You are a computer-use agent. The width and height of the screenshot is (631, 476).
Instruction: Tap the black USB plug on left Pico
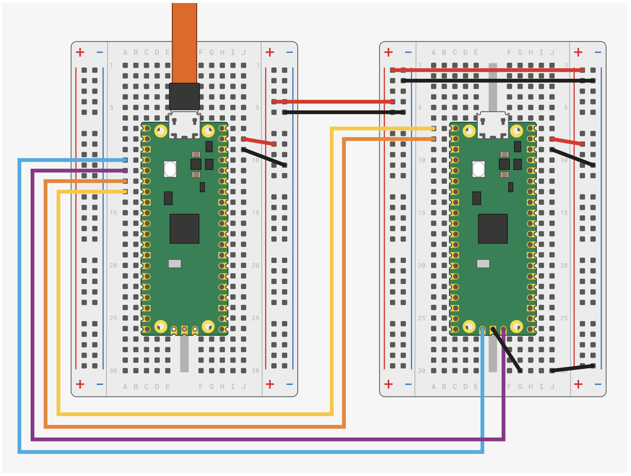[184, 96]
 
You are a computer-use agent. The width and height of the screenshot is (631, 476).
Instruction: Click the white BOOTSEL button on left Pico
[170, 169]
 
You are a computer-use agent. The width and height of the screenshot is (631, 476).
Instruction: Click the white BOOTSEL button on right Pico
[478, 169]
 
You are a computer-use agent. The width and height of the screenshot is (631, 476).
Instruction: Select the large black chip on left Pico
[184, 229]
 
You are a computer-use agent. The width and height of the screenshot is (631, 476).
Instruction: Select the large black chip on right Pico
[493, 229]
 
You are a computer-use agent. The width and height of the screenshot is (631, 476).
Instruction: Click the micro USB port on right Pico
[493, 125]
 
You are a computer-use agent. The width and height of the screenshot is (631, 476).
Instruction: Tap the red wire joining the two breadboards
[333, 102]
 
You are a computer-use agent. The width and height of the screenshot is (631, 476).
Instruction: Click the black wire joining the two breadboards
[344, 112]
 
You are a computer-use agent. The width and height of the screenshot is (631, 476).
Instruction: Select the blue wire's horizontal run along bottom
[250, 452]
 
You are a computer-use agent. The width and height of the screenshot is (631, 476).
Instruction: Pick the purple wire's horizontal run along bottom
[267, 439]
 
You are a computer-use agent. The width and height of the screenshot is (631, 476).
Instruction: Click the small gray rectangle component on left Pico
[175, 263]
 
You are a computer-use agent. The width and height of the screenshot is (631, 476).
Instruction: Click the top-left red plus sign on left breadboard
[80, 52]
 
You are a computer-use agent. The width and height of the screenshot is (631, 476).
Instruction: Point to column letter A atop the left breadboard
[125, 52]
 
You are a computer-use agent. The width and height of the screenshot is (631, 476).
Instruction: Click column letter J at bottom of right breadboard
[552, 386]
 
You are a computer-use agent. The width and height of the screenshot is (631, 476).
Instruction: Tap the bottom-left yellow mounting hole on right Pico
[469, 326]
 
